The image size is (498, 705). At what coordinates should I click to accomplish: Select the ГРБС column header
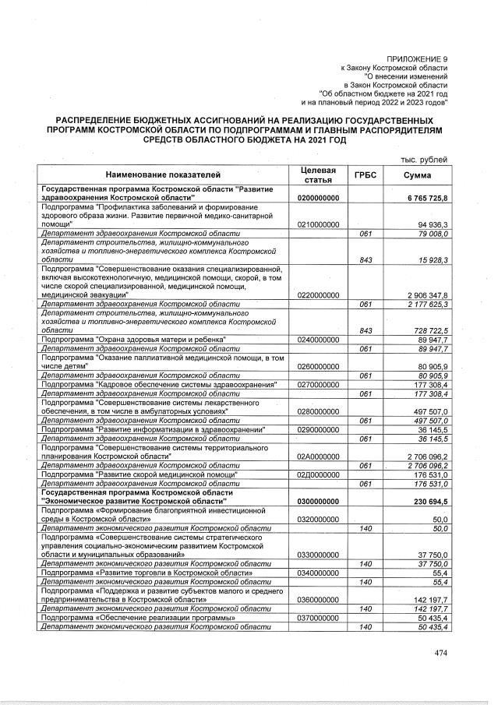pos(365,175)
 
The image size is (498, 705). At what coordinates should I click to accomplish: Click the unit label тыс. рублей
pos(425,159)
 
